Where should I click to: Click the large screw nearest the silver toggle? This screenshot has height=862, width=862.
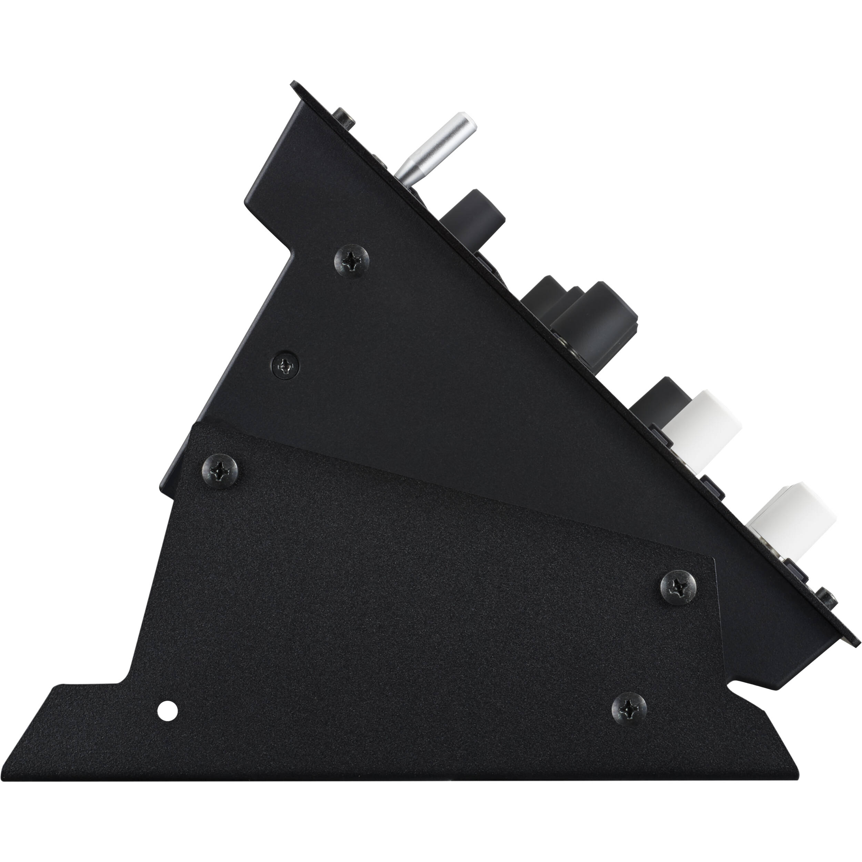tap(352, 261)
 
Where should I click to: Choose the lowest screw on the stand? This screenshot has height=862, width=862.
tap(629, 707)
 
